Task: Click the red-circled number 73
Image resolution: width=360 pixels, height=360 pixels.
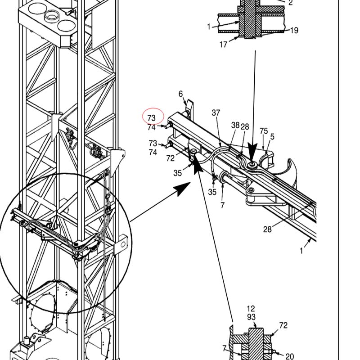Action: coord(152,118)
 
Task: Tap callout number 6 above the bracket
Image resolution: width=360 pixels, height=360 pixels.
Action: coord(181,94)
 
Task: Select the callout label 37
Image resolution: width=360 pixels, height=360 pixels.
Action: coord(216,113)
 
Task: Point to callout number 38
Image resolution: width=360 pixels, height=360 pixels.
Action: coord(235,125)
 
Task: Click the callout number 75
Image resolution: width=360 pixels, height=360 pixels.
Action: coord(264,131)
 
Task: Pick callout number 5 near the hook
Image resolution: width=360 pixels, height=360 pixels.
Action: coord(272,137)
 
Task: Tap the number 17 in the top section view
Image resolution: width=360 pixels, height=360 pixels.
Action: coord(223,44)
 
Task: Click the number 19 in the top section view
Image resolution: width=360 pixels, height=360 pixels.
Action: coord(294,30)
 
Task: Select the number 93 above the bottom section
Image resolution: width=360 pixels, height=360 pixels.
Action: coord(252,317)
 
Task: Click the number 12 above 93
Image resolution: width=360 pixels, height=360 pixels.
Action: coord(251,309)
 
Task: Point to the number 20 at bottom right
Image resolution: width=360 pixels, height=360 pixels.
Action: coord(289,356)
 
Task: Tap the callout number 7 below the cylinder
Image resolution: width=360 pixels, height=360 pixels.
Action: coord(222,205)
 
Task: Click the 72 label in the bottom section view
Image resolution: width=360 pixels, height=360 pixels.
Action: coord(283,325)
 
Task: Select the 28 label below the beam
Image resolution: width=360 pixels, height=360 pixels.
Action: coord(267,229)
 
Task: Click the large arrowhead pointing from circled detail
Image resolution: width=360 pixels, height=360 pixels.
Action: coord(183,189)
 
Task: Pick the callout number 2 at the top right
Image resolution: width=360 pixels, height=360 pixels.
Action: coord(290,3)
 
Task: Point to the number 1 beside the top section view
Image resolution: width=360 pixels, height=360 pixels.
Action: coord(209,27)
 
